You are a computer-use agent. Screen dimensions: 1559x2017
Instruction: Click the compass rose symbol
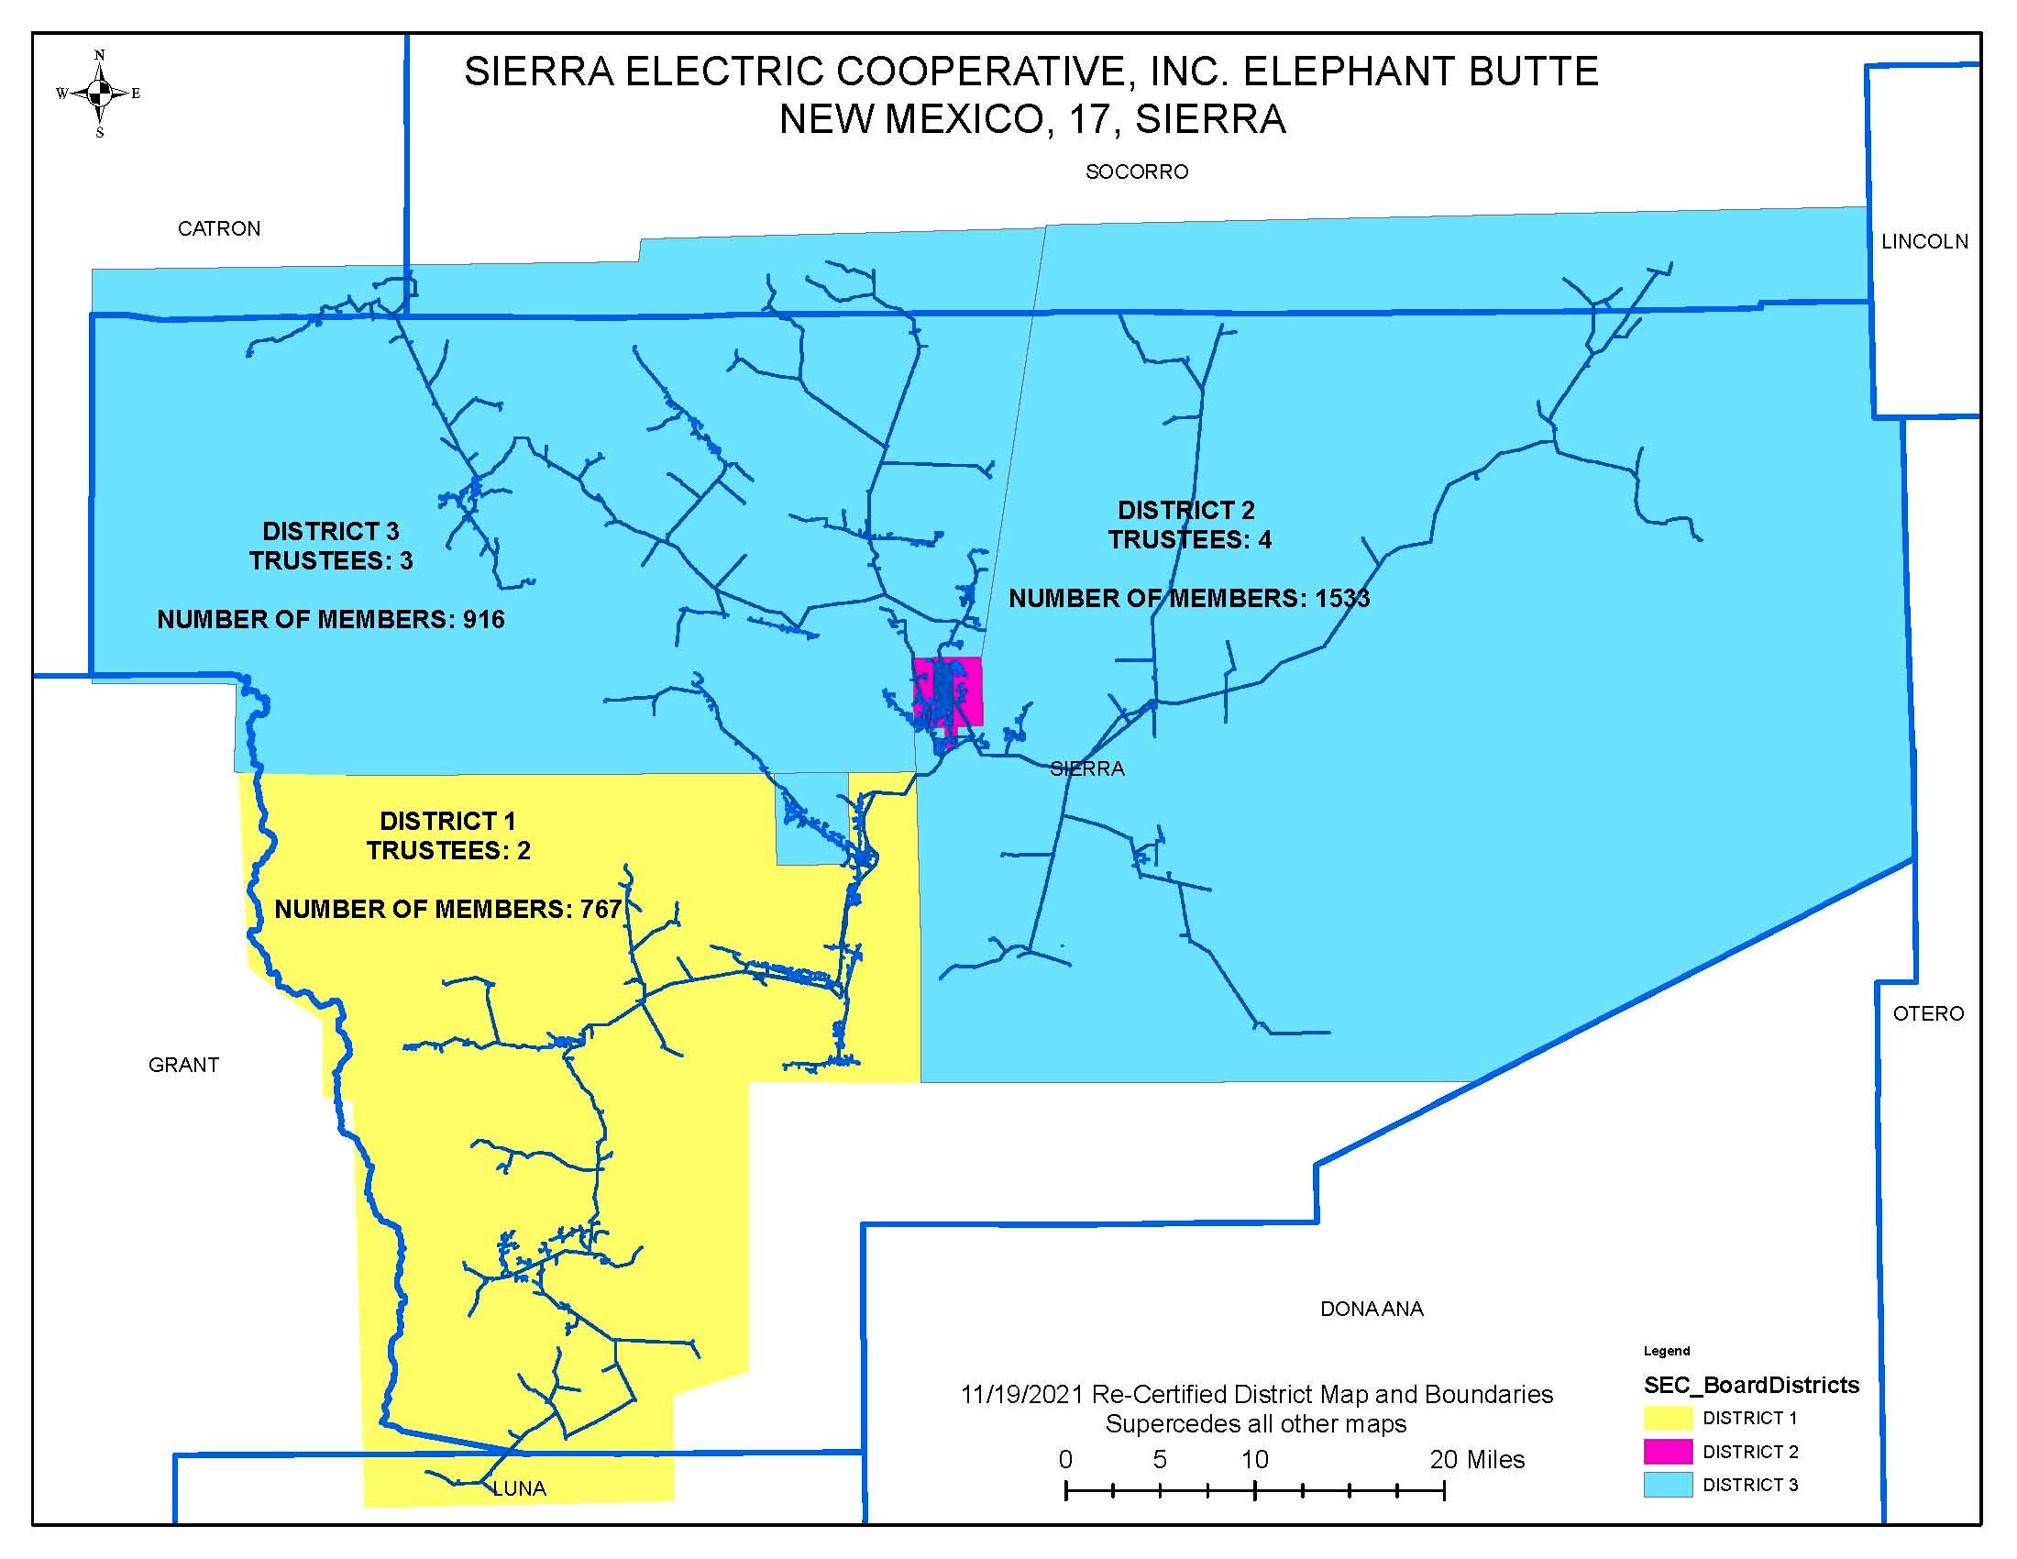click(x=100, y=93)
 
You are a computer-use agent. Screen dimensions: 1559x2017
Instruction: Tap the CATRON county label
click(x=219, y=229)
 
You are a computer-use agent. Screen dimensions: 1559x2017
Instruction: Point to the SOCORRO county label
click(x=1136, y=171)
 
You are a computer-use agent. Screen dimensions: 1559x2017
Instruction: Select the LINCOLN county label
click(x=1924, y=242)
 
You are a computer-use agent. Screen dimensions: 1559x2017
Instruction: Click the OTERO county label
click(x=1927, y=1013)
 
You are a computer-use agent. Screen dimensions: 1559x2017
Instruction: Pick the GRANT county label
click(x=183, y=1065)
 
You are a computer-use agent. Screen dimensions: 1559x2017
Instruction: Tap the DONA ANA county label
click(x=1371, y=1309)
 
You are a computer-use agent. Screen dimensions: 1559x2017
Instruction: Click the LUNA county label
click(x=520, y=1487)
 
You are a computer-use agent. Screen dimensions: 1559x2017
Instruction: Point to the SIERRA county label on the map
click(x=1087, y=768)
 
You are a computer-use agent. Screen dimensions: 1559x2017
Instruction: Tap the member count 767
click(x=601, y=909)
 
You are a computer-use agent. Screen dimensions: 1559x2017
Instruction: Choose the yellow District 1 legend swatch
click(x=1667, y=1418)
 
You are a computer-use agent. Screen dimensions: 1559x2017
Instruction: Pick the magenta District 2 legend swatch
click(x=1667, y=1451)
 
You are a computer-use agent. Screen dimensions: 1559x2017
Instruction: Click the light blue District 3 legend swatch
click(x=1667, y=1484)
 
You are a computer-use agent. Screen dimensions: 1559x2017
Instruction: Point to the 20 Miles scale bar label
click(x=1477, y=1459)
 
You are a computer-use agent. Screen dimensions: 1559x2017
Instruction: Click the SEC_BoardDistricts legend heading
click(x=1751, y=1385)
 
